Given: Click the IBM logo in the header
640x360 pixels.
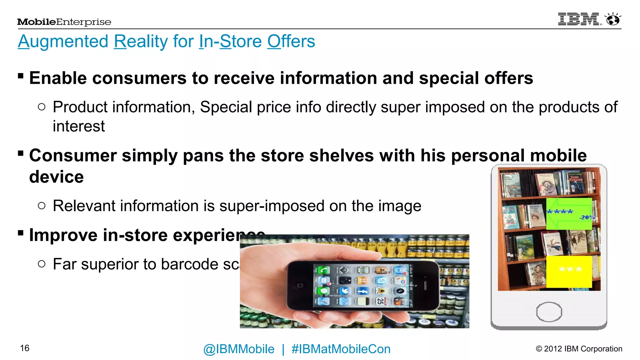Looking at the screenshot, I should pos(579,19).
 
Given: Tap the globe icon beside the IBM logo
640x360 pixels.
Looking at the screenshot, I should pos(613,19).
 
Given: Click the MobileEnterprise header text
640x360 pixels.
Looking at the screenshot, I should pos(64,22).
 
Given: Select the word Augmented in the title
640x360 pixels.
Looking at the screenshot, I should pos(63,41).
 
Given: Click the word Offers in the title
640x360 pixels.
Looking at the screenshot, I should pos(291,41).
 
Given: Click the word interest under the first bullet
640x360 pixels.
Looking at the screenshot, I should pos(79,126).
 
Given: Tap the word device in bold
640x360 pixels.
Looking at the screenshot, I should pos(57,177).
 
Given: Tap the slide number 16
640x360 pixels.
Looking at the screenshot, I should pos(25,348).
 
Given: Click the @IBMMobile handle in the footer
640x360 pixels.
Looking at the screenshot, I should pos(239,349).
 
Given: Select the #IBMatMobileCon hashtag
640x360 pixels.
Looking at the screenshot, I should pos(341,349).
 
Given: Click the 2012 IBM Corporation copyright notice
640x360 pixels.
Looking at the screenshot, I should pos(579,349).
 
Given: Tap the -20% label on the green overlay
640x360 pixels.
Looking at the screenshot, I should pos(587,217).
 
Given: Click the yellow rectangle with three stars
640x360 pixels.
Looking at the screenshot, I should pos(569,271).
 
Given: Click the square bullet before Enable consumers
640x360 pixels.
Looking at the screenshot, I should pos(21,76).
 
